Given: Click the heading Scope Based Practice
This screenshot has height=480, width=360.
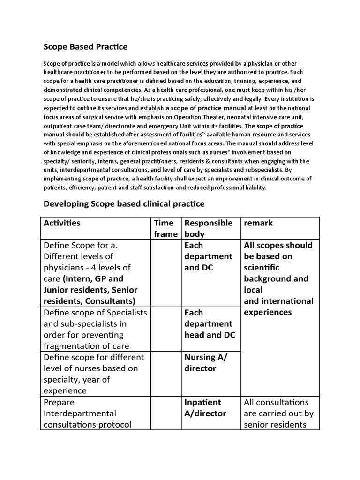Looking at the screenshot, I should point(85,47).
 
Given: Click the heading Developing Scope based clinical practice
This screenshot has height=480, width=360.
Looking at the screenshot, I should point(124,204).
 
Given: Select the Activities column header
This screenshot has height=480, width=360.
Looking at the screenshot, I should point(61,223).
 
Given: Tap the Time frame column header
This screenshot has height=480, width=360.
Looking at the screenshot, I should point(165,228).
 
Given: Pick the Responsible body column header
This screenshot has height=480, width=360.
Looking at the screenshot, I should point(208,228).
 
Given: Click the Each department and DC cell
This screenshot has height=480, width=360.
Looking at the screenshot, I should point(208,256).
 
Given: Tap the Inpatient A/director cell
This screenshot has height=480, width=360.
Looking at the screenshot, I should point(205,408).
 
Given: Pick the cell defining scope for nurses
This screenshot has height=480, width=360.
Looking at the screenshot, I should point(94,374).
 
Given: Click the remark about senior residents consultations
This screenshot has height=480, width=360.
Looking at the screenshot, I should point(278,413).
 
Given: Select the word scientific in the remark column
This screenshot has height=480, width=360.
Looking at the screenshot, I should point(261,267).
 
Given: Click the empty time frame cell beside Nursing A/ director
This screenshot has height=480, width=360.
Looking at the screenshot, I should point(165,374).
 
